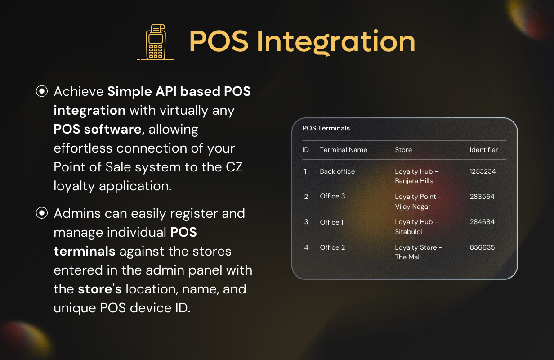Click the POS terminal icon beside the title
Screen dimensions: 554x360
(156, 42)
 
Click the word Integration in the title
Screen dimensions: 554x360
(336, 42)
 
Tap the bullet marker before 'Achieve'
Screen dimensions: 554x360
(42, 91)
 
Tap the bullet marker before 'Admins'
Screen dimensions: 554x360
(42, 213)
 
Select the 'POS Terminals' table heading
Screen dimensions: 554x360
(326, 128)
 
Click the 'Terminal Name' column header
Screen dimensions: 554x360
(344, 150)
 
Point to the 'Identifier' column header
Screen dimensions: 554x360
(484, 150)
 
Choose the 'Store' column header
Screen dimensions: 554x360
(403, 150)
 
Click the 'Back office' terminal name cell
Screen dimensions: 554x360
(337, 171)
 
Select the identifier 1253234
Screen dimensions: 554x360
(483, 171)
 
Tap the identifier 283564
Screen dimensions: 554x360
(482, 197)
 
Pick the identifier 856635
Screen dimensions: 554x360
(482, 247)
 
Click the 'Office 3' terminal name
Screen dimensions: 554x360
(332, 196)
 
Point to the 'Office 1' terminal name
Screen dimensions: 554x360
(332, 222)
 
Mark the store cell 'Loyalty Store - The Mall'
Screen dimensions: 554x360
(419, 252)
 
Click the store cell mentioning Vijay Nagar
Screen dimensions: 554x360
(418, 202)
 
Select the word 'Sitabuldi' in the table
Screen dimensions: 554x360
(409, 232)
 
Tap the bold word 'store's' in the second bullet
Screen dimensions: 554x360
(100, 289)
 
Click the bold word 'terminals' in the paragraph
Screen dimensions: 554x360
(85, 251)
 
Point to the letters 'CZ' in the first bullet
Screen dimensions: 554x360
(234, 167)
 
